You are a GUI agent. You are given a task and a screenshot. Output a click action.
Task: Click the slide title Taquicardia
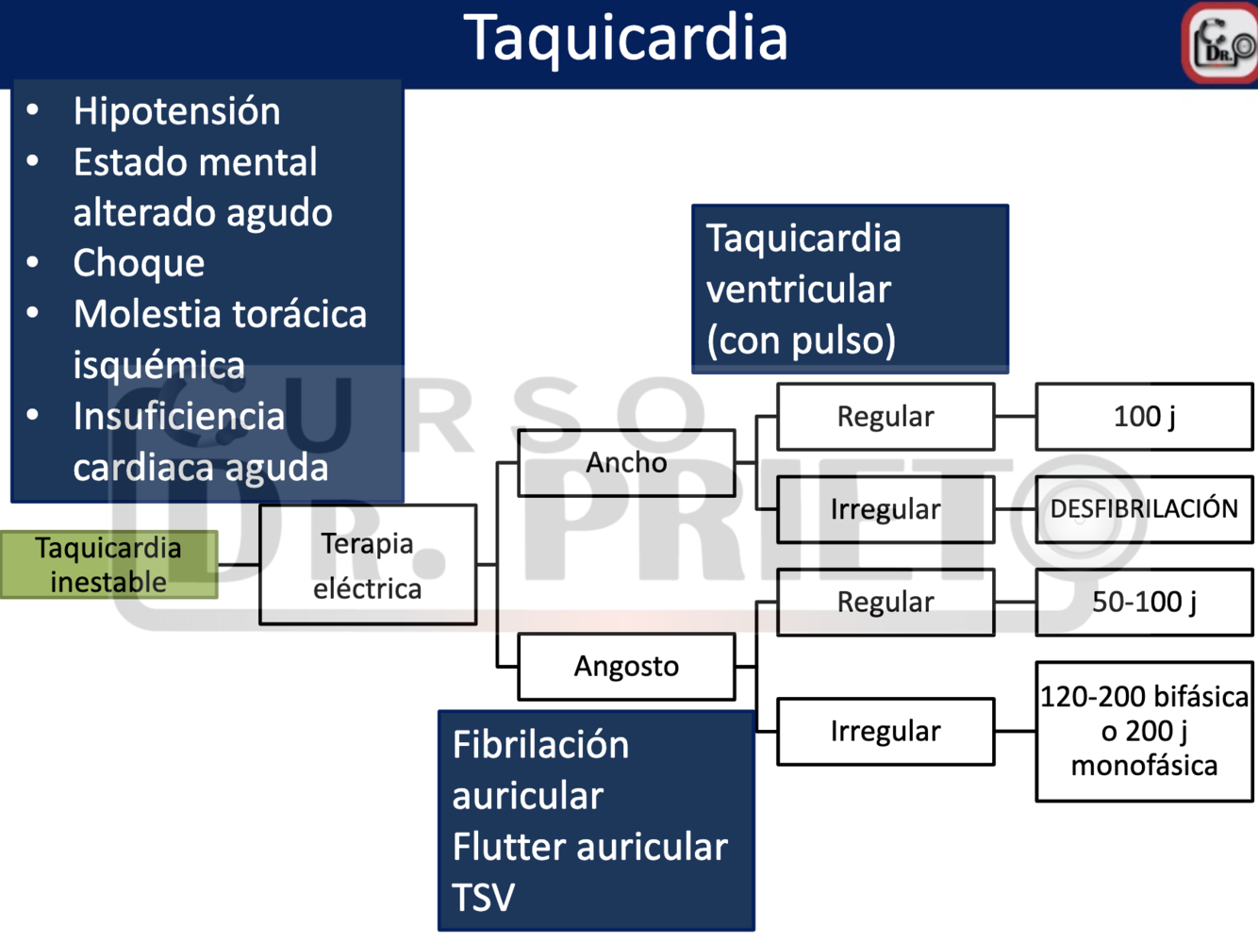625,40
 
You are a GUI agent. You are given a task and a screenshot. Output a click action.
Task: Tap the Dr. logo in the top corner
1220,43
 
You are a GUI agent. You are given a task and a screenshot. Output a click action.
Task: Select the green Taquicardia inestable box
108,565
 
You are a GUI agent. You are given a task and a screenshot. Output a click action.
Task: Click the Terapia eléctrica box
368,565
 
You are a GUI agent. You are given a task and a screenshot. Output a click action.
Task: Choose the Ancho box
626,463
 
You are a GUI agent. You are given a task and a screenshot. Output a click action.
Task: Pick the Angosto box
626,667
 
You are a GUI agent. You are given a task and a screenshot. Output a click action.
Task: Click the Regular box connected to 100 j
885,417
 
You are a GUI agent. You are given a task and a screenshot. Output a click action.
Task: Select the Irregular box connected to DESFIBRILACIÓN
885,509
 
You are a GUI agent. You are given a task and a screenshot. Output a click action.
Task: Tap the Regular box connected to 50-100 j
885,603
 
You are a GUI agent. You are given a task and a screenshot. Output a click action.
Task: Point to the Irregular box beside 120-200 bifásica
885,731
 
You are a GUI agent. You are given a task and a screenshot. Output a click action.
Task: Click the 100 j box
1144,417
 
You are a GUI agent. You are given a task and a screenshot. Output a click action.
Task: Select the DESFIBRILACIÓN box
1144,509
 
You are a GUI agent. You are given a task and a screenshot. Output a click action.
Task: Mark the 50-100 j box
1144,603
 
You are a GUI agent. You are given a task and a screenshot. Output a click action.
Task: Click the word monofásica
1144,766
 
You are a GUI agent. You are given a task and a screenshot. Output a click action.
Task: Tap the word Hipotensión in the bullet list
176,111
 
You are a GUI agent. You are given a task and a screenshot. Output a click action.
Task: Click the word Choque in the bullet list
139,263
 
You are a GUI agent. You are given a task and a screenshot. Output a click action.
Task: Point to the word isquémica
158,365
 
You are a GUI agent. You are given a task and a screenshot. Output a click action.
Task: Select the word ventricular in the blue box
798,290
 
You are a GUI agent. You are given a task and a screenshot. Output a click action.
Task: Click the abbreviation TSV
483,898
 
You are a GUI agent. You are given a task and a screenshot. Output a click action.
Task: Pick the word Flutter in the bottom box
509,847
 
